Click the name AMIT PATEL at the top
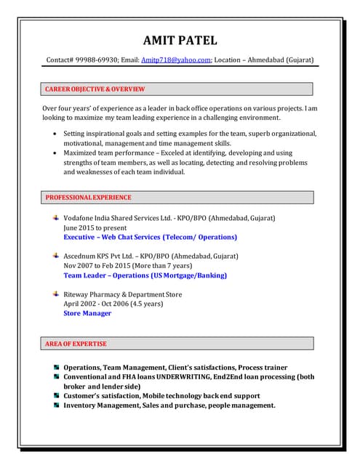180,40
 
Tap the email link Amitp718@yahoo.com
176,60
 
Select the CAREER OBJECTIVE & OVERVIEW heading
95,89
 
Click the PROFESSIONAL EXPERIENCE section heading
89,198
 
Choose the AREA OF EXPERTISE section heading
76,344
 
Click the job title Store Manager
87,313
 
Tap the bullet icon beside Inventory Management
56,405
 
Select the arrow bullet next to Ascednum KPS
56,256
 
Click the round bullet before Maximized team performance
56,153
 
